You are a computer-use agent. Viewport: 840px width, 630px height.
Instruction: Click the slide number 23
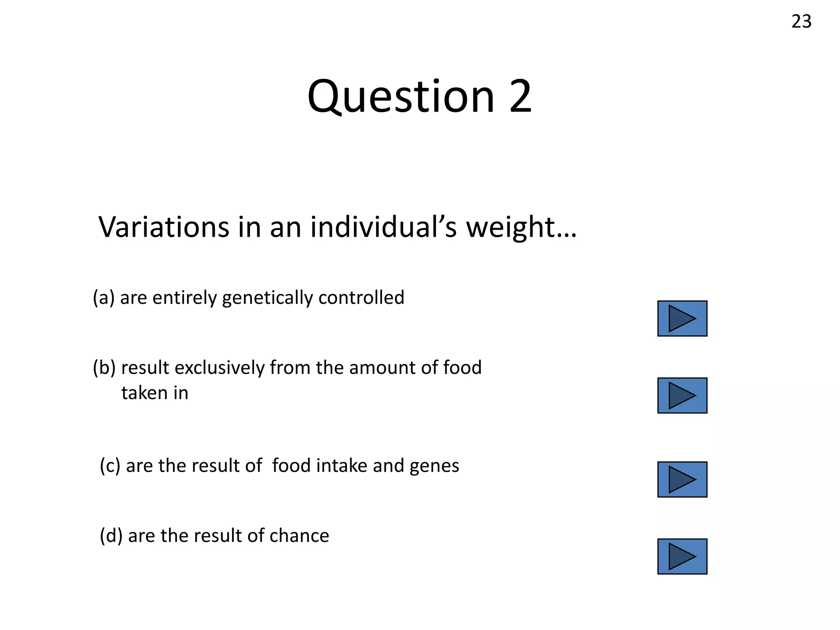click(801, 21)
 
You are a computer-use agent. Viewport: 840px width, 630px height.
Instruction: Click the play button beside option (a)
click(682, 318)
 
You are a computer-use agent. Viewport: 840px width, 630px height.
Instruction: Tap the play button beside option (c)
click(682, 479)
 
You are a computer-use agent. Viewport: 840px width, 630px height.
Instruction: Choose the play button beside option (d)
click(682, 556)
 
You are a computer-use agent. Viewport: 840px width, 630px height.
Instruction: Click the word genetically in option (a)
click(267, 298)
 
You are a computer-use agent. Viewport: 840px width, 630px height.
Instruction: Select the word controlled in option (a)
click(361, 297)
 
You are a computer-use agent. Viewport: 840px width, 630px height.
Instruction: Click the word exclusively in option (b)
click(219, 367)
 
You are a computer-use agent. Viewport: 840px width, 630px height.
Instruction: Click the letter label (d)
click(111, 536)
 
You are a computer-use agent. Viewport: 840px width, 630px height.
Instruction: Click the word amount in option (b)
click(382, 367)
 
